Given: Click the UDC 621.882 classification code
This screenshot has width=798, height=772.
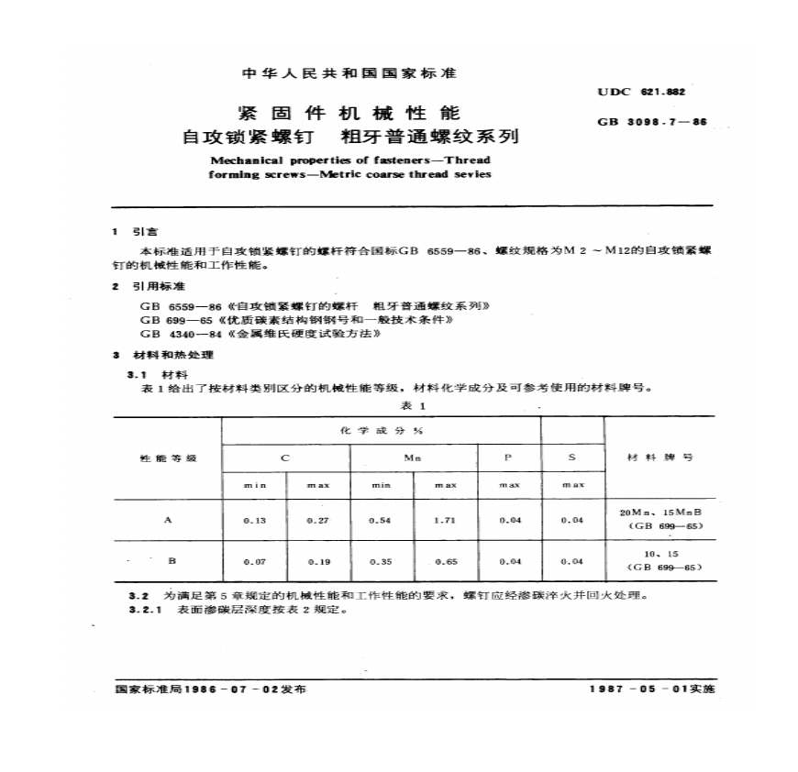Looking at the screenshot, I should coord(641,92).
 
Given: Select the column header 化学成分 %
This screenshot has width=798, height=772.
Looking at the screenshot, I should coord(382,430).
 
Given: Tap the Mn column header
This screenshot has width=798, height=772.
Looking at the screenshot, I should coord(413,457).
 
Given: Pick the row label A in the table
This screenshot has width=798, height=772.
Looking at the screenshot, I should coord(167,520).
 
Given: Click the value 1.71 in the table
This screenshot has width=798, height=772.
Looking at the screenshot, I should coord(445,520).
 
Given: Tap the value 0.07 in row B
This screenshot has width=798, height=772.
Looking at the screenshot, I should coord(254,560).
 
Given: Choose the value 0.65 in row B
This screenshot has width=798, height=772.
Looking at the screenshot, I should coord(445,560).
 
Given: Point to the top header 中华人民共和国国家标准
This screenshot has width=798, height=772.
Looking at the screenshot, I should coord(348,72).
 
